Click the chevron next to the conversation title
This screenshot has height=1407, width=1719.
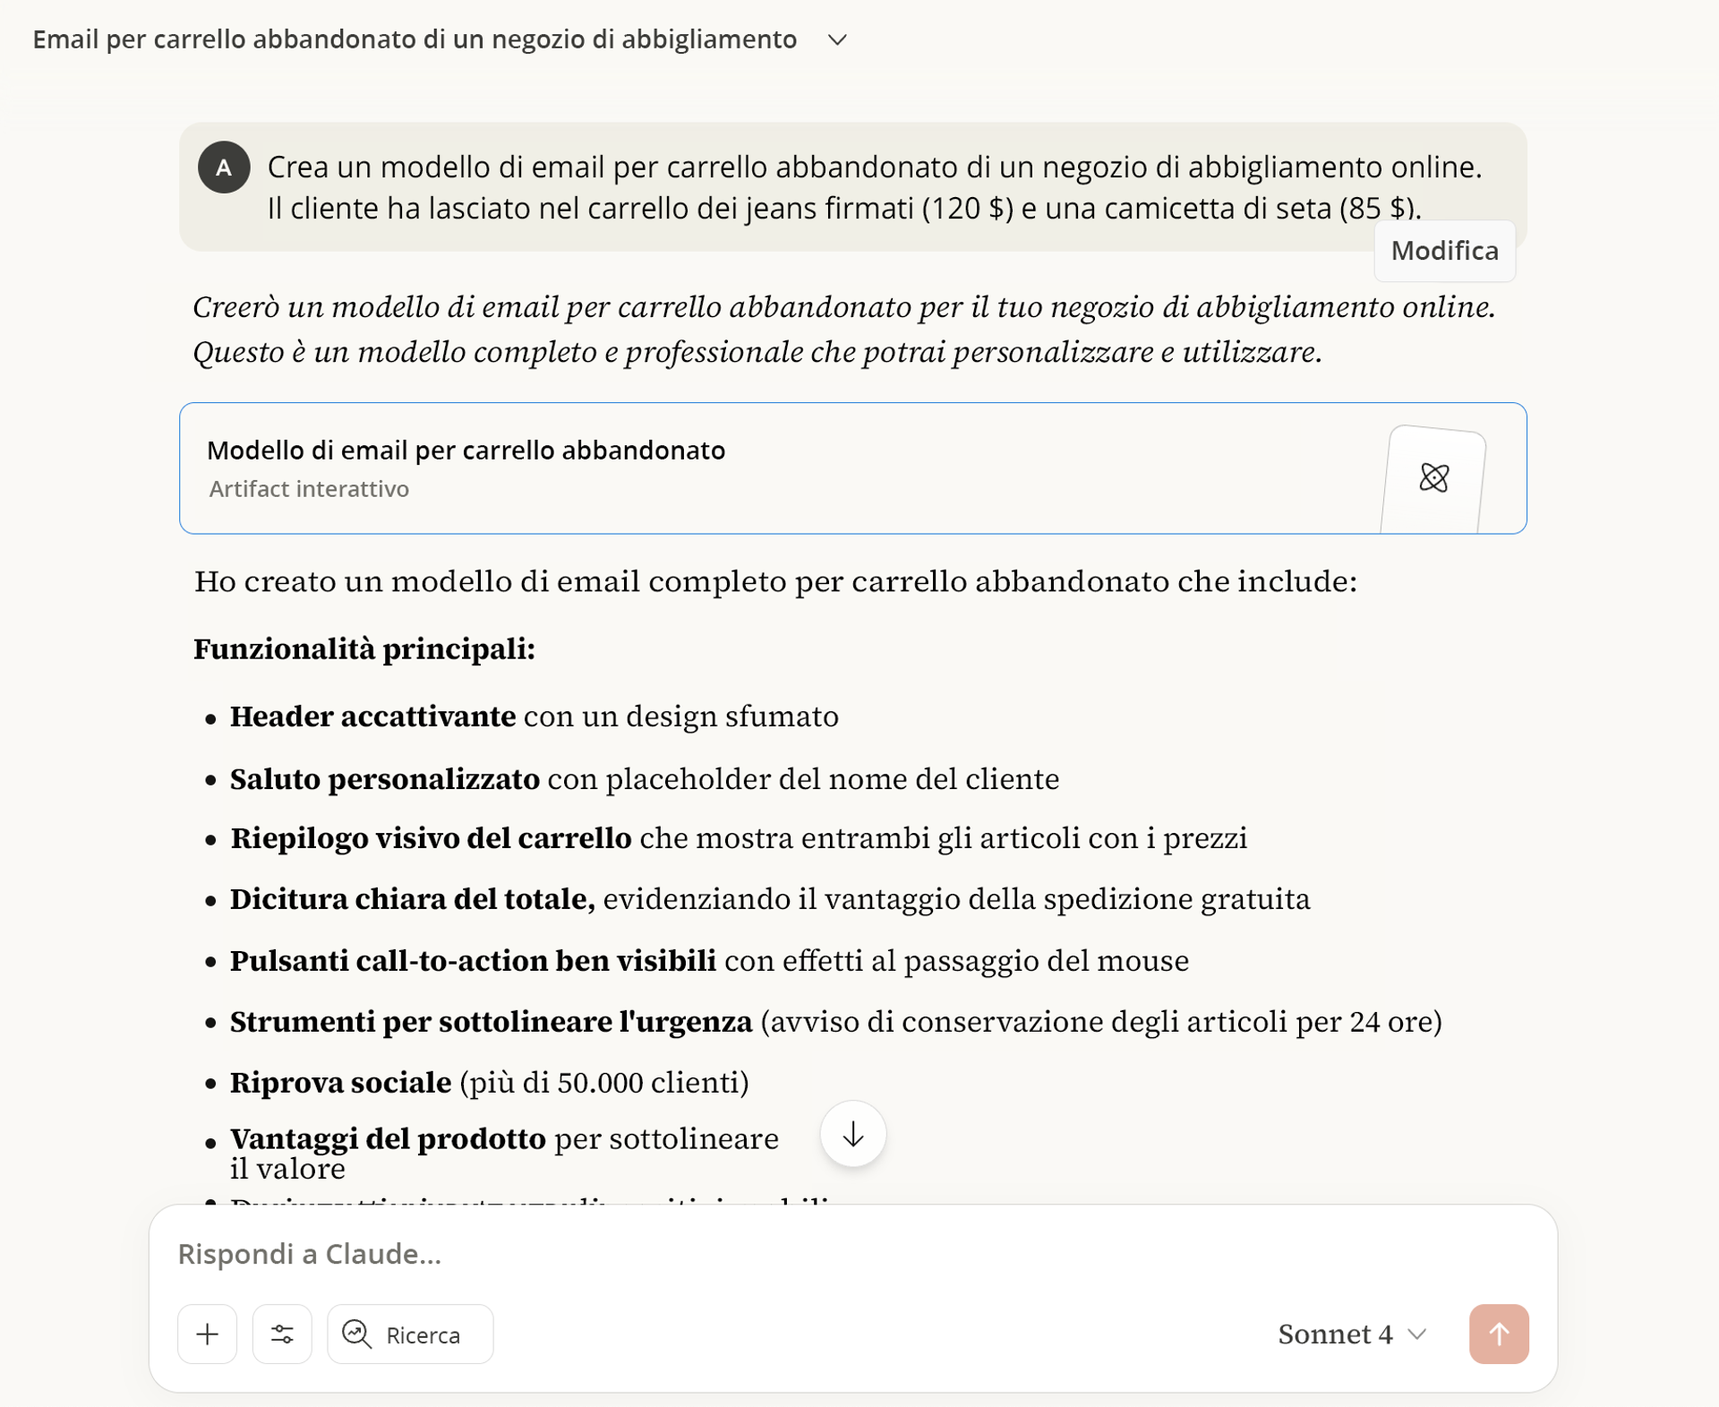click(837, 40)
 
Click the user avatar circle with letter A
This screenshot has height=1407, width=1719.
click(224, 167)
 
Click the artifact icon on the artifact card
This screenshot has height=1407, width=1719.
click(1433, 477)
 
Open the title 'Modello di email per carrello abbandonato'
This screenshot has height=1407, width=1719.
click(466, 450)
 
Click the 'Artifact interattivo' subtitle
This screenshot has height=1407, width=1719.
click(309, 489)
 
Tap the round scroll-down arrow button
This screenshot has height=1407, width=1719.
click(853, 1134)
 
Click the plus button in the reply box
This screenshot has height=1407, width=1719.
click(207, 1334)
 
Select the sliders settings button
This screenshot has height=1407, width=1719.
click(282, 1334)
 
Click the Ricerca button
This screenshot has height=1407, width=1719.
click(410, 1334)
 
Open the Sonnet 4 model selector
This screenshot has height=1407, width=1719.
click(1351, 1334)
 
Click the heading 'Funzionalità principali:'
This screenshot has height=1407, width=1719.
click(364, 649)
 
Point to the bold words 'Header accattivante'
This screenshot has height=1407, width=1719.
click(372, 716)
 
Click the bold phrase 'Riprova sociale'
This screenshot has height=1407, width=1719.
click(340, 1083)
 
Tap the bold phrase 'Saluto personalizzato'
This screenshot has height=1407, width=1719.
click(385, 779)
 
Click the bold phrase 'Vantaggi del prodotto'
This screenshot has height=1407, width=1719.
click(388, 1139)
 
